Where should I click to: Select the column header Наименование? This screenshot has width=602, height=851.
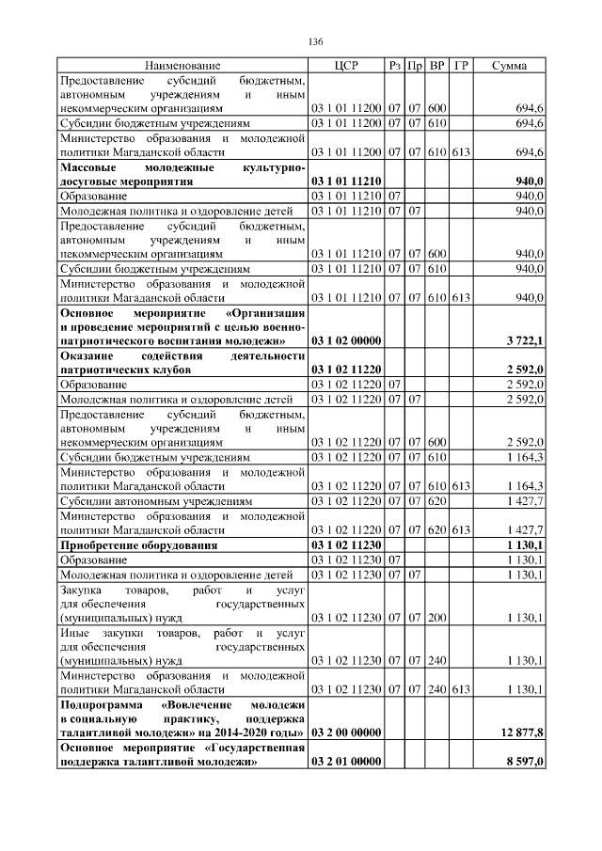pyautogui.click(x=182, y=66)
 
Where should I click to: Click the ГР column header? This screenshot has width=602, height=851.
pyautogui.click(x=461, y=66)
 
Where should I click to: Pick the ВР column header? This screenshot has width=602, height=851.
pyautogui.click(x=437, y=66)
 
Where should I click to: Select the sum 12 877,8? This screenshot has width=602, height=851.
pyautogui.click(x=523, y=732)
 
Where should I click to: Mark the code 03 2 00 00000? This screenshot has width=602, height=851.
pyautogui.click(x=346, y=732)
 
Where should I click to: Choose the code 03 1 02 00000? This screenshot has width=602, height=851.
pyautogui.click(x=346, y=339)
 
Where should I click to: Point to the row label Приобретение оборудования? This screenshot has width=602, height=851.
pyautogui.click(x=138, y=544)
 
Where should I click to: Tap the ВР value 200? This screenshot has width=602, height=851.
pyautogui.click(x=437, y=618)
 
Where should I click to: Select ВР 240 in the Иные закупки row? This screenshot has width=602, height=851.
pyautogui.click(x=437, y=660)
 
